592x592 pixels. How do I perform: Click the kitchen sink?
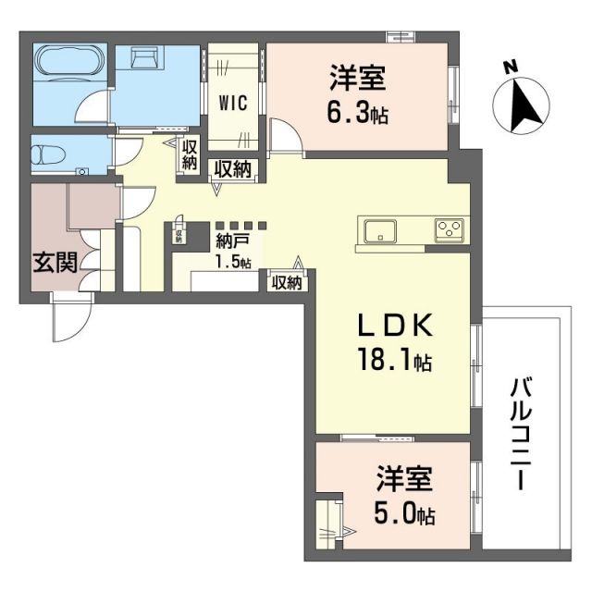pos(380,229)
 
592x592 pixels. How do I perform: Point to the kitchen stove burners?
pos(451,228)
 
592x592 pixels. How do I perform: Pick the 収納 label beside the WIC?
pos(190,154)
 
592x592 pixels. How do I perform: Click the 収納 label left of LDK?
pos(287,283)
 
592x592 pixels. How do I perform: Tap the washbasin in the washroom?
pos(144,60)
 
